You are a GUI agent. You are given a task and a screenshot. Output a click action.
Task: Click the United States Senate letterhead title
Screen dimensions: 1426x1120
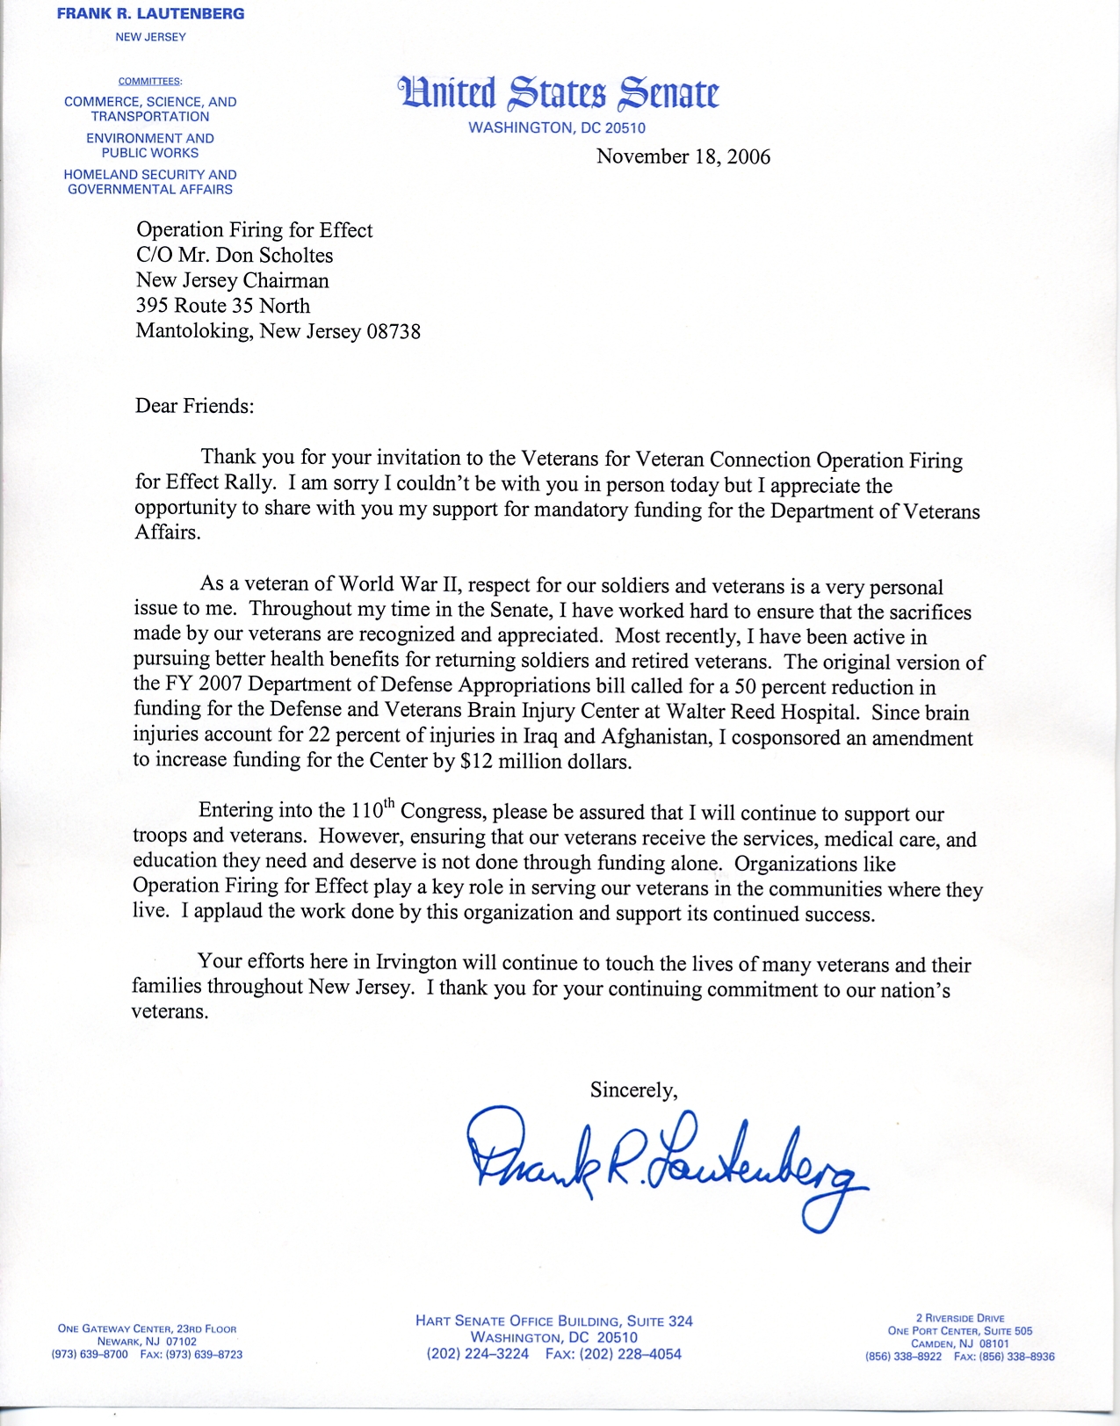(558, 93)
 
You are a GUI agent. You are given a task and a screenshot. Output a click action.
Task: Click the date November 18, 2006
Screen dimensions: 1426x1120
(683, 156)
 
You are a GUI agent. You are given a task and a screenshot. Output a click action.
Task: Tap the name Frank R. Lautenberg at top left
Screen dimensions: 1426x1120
(150, 14)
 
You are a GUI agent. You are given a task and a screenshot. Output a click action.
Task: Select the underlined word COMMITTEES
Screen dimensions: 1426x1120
(150, 81)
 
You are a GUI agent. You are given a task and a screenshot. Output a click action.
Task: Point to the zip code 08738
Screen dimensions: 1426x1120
(393, 331)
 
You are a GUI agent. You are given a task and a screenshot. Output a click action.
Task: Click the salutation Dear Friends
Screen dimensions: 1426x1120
(194, 406)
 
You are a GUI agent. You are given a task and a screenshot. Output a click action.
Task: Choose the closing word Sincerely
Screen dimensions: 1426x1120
(633, 1090)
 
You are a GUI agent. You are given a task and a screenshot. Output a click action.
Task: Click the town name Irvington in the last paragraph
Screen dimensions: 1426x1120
(417, 961)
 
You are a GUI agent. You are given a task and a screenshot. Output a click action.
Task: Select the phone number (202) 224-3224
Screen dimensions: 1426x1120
(478, 1354)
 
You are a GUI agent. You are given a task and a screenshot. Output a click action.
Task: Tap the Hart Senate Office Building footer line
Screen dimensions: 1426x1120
(553, 1321)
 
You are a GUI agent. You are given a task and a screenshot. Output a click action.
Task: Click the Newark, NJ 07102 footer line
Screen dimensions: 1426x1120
(147, 1342)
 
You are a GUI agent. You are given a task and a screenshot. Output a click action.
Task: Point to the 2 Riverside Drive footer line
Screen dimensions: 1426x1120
(960, 1318)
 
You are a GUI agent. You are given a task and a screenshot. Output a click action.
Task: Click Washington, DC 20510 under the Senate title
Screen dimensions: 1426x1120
(557, 128)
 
